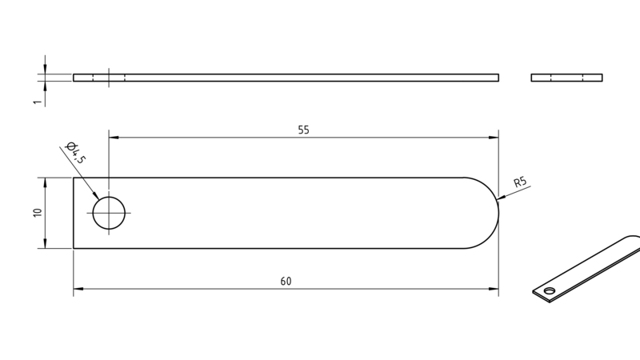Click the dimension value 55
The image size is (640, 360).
coord(304,130)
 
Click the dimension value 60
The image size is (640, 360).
coord(286,282)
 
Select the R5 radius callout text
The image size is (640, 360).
coord(520,182)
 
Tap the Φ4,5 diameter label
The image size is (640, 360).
coord(76,152)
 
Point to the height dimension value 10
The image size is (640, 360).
coord(38,213)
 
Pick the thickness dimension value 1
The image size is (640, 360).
coord(38,102)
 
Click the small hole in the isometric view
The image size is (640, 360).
coord(550,290)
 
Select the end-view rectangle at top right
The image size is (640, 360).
coord(566,78)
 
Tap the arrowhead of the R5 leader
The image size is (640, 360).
coord(502,198)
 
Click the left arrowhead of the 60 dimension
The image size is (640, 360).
coord(78,289)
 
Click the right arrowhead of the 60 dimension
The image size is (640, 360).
coord(494,289)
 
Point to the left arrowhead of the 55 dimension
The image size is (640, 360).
coord(114,138)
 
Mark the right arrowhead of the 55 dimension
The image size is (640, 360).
coord(494,138)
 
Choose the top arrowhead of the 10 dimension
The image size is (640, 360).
coord(45,182)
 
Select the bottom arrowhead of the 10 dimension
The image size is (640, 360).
coord(45,243)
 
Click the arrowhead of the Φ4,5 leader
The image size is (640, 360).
coord(95,195)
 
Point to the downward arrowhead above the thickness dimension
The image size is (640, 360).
coord(45,70)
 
